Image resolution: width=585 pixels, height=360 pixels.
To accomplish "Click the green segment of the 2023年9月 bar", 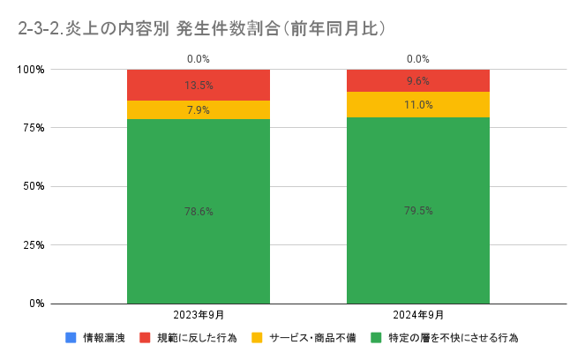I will pyautogui.click(x=198, y=247).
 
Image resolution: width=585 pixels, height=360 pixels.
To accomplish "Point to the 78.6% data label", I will pyautogui.click(x=198, y=212).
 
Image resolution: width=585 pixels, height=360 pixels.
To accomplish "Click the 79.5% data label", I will pyautogui.click(x=417, y=211).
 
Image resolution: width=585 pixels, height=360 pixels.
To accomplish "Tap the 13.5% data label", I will pyautogui.click(x=198, y=86).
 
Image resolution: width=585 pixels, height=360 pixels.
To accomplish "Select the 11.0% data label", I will pyautogui.click(x=417, y=104).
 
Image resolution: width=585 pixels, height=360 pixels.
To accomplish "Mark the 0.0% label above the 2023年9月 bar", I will pyautogui.click(x=198, y=59).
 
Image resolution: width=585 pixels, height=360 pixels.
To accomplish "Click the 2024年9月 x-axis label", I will pyautogui.click(x=417, y=315).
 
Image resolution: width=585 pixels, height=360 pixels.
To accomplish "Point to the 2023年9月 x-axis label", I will pyautogui.click(x=198, y=315).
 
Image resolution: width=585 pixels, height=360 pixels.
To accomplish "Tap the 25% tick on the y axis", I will pyautogui.click(x=33, y=244).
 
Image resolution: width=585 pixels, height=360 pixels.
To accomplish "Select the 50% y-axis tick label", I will pyautogui.click(x=33, y=186).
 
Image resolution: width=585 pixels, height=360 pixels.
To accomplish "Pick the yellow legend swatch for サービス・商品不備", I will pyautogui.click(x=257, y=337).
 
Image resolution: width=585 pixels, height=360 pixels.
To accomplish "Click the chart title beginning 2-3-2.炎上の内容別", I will pyautogui.click(x=203, y=28).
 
